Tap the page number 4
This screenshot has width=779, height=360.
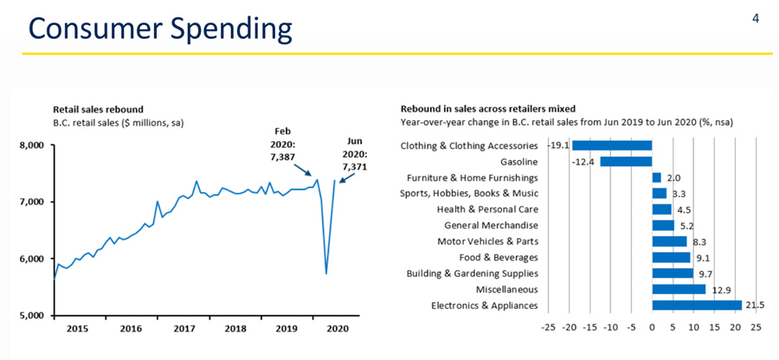pyautogui.click(x=756, y=17)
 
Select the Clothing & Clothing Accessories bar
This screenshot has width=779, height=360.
pyautogui.click(x=611, y=145)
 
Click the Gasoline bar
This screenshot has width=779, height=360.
pyautogui.click(x=625, y=161)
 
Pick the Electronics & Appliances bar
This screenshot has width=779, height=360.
pyautogui.click(x=696, y=305)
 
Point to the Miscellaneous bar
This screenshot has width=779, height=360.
pyautogui.click(x=678, y=289)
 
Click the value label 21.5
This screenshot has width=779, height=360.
pyautogui.click(x=756, y=305)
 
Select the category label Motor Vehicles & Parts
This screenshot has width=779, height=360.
pyautogui.click(x=487, y=241)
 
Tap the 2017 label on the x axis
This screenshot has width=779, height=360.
pyautogui.click(x=183, y=329)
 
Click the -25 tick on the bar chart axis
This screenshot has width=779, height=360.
pyautogui.click(x=548, y=329)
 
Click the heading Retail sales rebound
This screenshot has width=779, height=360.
pyautogui.click(x=98, y=110)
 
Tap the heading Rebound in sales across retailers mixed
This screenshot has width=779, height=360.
pyautogui.click(x=488, y=109)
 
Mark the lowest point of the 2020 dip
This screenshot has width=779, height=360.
pyautogui.click(x=325, y=273)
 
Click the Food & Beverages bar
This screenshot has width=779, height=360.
pyautogui.click(x=671, y=257)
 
